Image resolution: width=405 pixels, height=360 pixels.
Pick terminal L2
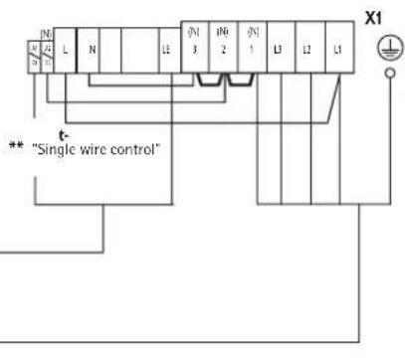pos(308,49)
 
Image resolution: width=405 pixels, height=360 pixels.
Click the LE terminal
pos(165,50)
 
